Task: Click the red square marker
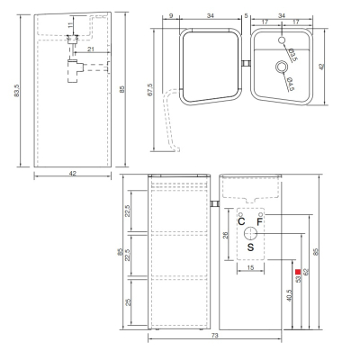[298, 272]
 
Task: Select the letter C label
[241, 221]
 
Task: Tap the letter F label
[260, 222]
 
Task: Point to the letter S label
[250, 247]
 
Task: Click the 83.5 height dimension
[16, 90]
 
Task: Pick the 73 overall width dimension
[215, 336]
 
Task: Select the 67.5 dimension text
[150, 90]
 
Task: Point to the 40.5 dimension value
[290, 295]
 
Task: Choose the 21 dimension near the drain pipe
[91, 49]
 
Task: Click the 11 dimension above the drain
[70, 25]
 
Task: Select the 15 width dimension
[251, 267]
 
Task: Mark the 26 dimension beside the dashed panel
[226, 235]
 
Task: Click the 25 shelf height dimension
[129, 302]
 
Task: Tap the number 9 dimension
[171, 16]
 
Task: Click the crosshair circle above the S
[250, 233]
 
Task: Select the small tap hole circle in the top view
[282, 40]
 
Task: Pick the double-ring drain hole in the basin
[282, 67]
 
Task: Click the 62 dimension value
[306, 272]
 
